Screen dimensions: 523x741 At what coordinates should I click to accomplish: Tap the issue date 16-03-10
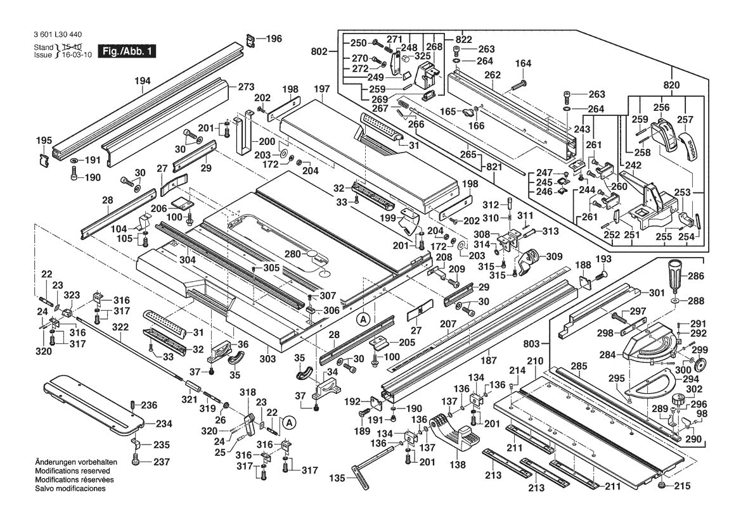click(x=78, y=56)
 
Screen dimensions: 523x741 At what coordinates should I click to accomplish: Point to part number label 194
click(x=143, y=81)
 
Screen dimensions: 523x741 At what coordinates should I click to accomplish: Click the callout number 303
click(x=267, y=359)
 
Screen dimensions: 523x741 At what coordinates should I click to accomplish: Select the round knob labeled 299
click(x=701, y=366)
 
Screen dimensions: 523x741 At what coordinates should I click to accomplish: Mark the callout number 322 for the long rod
click(x=120, y=327)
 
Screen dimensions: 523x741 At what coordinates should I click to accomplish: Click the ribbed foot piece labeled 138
click(x=460, y=437)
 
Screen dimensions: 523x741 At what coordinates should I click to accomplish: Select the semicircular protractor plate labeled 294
click(x=650, y=386)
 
